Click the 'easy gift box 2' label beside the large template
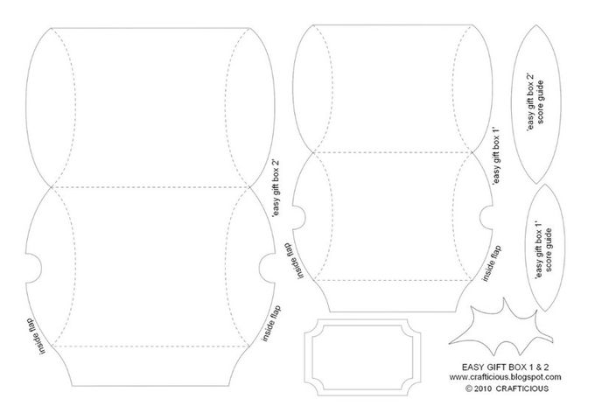pyautogui.click(x=276, y=188)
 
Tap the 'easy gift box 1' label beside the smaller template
pyautogui.click(x=496, y=156)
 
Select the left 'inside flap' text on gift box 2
pyautogui.click(x=37, y=336)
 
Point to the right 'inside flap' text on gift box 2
pyautogui.click(x=271, y=323)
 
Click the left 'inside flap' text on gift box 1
pyautogui.click(x=296, y=261)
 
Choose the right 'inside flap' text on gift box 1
pyautogui.click(x=492, y=262)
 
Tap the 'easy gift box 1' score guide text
pyautogui.click(x=543, y=249)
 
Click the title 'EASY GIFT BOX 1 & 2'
pyautogui.click(x=505, y=367)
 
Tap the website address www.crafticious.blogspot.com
pyautogui.click(x=505, y=377)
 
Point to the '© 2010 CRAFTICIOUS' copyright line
pyautogui.click(x=507, y=388)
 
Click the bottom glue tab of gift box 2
pyautogui.click(x=150, y=366)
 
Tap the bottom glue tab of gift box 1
pyautogui.click(x=393, y=297)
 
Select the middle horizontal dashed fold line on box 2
pyautogui.click(x=150, y=187)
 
